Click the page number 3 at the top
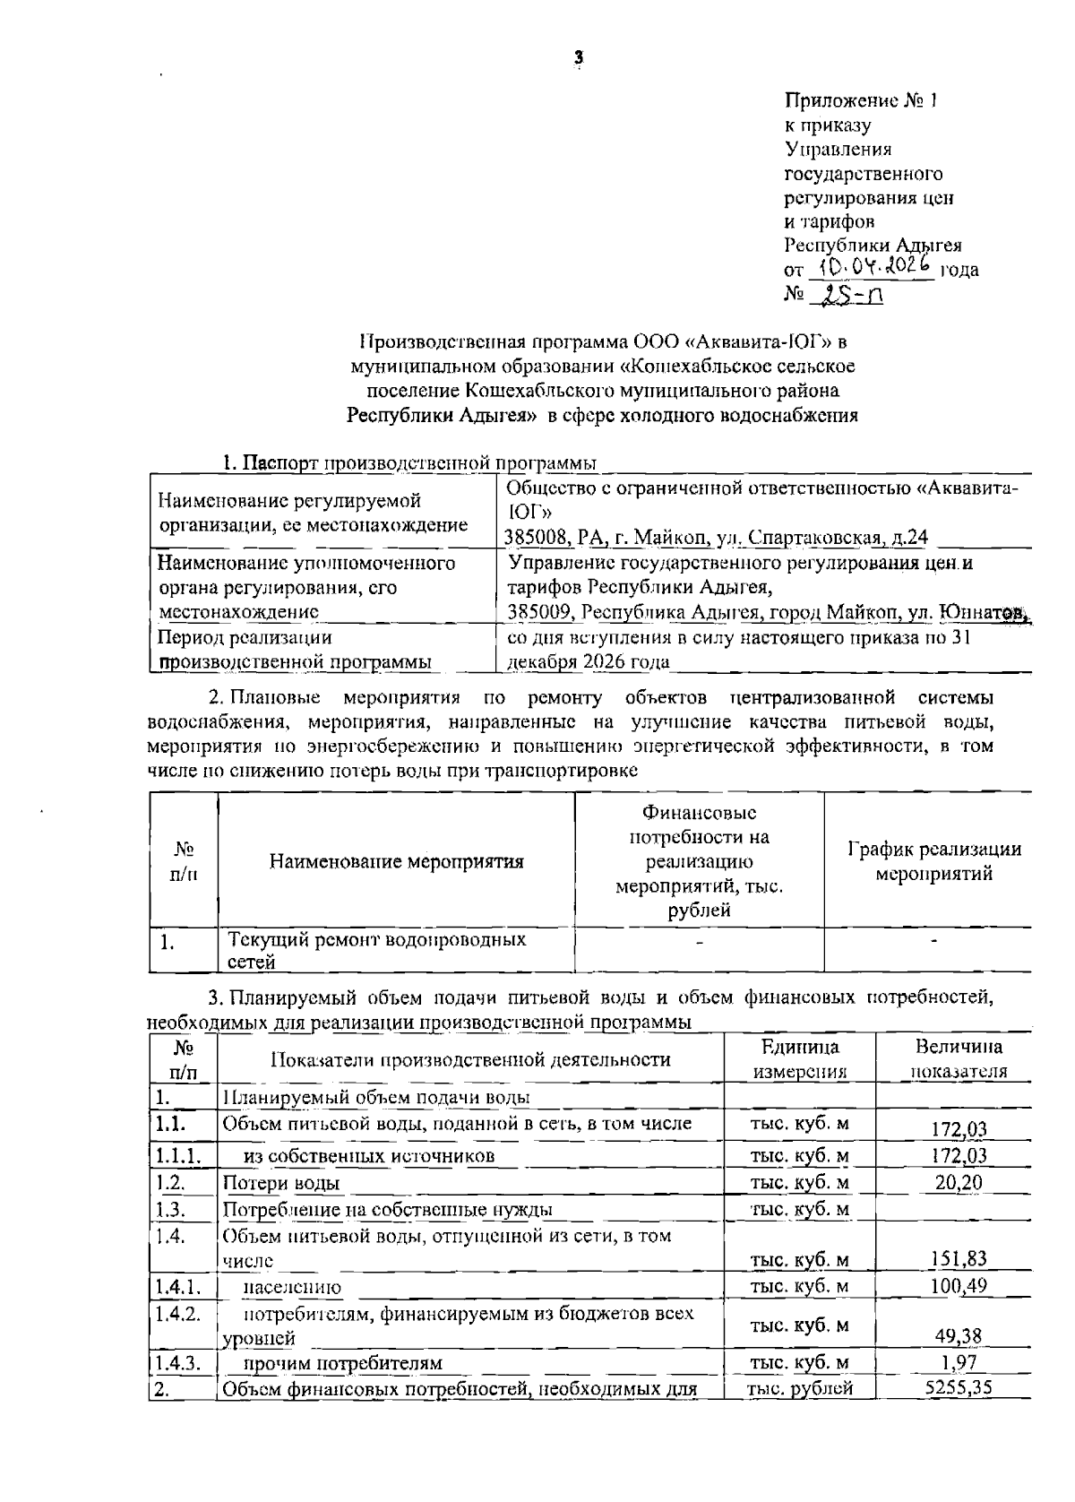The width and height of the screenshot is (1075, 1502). coord(578,57)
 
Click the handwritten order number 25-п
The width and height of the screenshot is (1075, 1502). coord(847,294)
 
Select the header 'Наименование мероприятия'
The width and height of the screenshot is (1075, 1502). coord(396,862)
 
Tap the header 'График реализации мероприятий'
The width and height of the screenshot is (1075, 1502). coord(933,861)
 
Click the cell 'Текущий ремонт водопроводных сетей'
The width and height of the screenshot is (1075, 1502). coord(376,950)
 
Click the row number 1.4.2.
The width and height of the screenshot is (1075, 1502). coord(176,1313)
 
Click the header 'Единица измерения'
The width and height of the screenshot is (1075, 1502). coord(799,1059)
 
